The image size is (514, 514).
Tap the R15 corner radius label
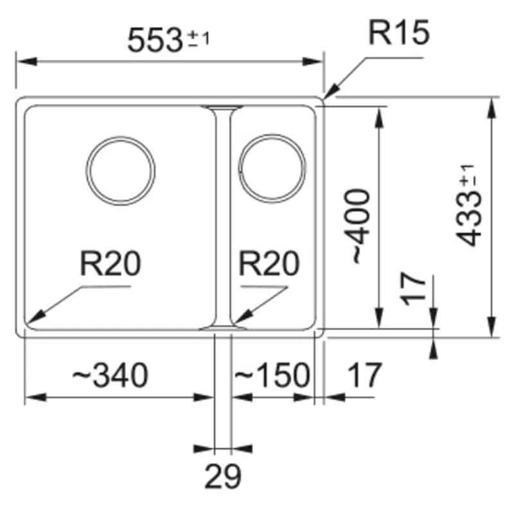tap(398, 33)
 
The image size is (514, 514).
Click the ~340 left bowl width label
tap(110, 375)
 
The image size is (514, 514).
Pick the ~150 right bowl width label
tap(271, 375)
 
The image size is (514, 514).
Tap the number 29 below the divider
tap(223, 477)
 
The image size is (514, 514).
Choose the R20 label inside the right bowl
tap(269, 263)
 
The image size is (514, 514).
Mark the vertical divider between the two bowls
tap(222, 218)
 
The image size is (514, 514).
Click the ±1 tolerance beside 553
tap(199, 39)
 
